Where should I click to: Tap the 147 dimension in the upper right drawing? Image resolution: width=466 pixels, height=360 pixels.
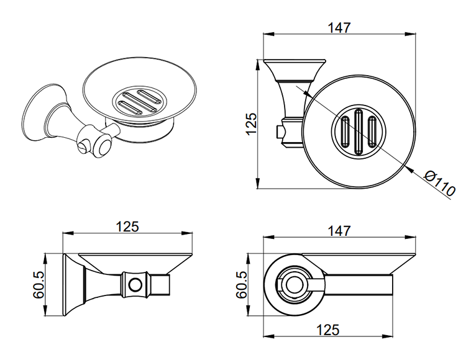coord(339,28)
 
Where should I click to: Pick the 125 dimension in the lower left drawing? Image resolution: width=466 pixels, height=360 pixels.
coord(127,227)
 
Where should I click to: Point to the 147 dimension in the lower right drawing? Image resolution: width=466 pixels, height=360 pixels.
coord(339,230)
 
